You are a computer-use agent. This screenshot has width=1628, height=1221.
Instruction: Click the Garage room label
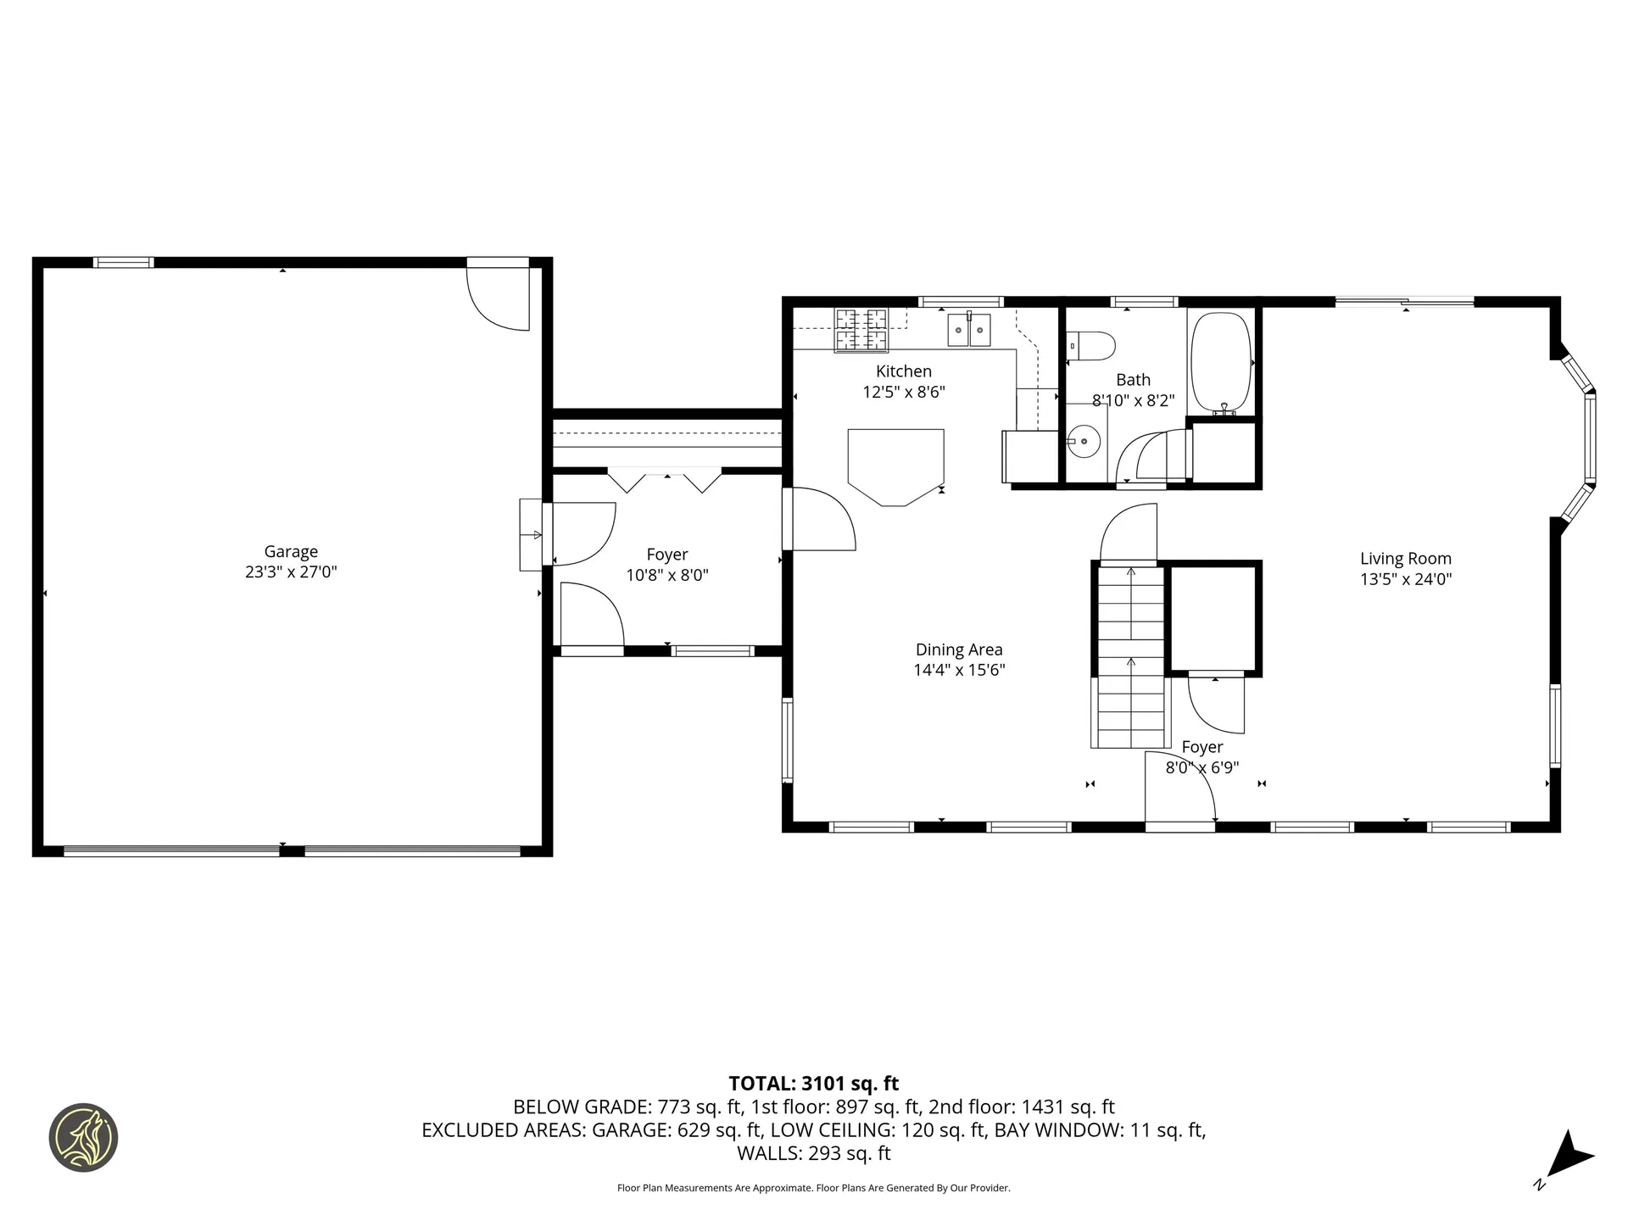291,551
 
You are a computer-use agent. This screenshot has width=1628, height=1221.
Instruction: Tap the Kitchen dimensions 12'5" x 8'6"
904,393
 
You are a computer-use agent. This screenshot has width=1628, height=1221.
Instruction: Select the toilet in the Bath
1092,345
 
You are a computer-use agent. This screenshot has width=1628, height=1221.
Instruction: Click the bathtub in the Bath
1221,362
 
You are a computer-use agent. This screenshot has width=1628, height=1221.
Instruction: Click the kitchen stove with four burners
861,330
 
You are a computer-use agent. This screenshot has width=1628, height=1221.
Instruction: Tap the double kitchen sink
969,329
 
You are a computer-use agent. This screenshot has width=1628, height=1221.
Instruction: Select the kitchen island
896,466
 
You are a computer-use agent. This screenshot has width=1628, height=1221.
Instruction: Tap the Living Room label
1406,559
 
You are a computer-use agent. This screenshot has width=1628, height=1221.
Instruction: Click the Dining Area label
959,650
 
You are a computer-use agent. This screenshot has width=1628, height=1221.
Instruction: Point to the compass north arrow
1571,1155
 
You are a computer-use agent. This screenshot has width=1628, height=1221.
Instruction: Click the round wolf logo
83,1138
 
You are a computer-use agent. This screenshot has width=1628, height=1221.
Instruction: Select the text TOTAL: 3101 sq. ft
813,1084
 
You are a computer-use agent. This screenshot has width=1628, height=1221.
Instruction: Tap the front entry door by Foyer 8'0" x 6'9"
1180,789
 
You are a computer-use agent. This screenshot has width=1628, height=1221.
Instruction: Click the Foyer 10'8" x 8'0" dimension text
667,576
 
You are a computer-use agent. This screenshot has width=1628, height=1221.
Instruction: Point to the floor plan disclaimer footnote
813,1188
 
